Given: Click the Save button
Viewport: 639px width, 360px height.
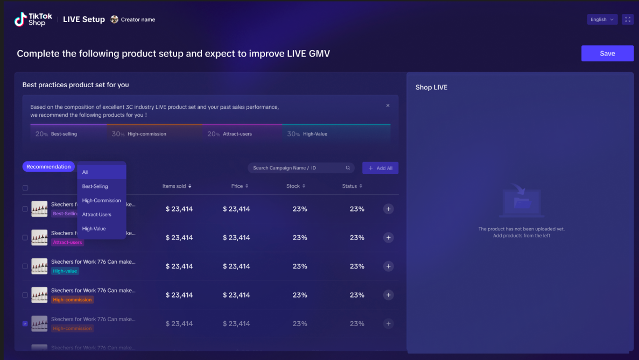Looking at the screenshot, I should point(607,53).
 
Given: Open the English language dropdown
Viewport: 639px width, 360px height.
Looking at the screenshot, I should point(602,19).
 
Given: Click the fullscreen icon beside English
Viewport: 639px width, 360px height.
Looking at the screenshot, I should point(628,19).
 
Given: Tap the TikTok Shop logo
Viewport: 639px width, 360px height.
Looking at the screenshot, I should point(33,19).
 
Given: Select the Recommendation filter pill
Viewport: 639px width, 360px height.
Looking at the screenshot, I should point(48,167).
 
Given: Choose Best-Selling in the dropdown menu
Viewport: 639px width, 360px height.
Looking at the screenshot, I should point(95,186).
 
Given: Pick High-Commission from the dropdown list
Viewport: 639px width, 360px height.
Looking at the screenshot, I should point(101,201).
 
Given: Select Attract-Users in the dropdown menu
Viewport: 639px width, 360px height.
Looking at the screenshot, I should point(97,215).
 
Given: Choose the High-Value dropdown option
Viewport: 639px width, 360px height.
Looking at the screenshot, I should point(94,229).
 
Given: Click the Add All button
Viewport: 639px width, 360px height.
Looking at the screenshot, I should point(380,168).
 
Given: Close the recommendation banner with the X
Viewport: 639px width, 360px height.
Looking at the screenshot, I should point(388,105).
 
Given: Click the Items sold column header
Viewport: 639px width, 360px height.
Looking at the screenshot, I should point(177,186).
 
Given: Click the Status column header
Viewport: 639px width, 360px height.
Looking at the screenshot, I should point(352,186).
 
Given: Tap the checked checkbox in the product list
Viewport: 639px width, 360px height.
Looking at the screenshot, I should point(25,324).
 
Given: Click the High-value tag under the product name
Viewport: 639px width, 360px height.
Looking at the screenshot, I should point(65,271).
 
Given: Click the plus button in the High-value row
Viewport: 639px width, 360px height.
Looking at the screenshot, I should point(388,266).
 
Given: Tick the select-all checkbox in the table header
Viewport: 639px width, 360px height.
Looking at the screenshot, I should point(25,188).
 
